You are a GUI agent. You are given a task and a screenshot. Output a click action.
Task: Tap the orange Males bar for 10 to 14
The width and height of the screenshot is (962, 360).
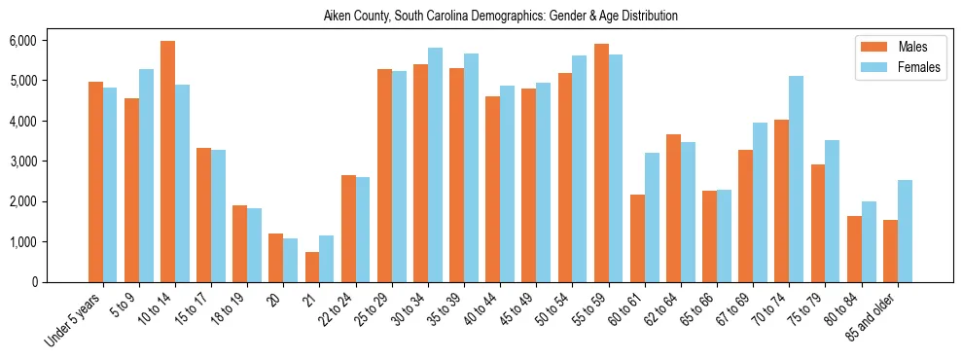click(x=167, y=162)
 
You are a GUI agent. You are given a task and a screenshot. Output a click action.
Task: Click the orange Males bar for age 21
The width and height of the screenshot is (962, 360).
click(x=311, y=268)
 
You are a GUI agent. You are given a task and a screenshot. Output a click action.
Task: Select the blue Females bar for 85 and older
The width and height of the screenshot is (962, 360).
click(x=905, y=231)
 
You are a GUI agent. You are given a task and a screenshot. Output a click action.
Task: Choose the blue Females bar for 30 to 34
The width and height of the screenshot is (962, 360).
click(x=435, y=164)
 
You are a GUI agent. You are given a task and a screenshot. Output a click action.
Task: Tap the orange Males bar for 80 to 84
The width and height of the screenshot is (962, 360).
click(x=854, y=249)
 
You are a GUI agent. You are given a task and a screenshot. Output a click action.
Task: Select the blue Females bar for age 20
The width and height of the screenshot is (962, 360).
click(x=290, y=260)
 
